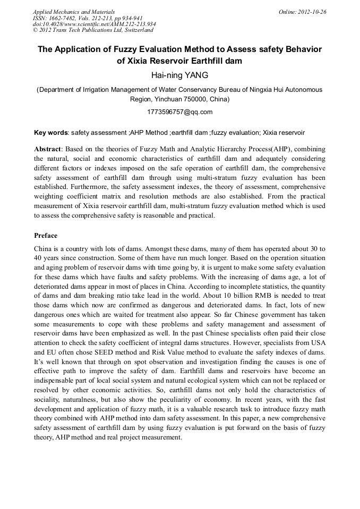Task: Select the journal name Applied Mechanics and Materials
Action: point(74,12)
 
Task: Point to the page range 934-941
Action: point(130,18)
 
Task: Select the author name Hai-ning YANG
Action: point(179,75)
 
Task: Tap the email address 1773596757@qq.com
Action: point(179,112)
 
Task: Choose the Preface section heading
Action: point(46,236)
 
